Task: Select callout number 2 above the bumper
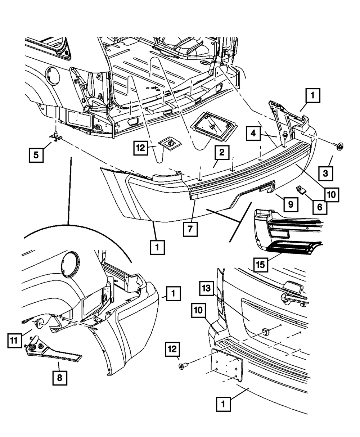tap(221, 153)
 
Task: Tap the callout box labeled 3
tap(325, 174)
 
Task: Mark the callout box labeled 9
tap(290, 204)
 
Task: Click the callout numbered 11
tap(14, 340)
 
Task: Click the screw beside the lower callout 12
tap(182, 366)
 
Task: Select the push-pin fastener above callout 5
tap(56, 135)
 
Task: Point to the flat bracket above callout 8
tap(54, 352)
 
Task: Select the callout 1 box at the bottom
tap(223, 405)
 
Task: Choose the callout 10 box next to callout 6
tap(331, 195)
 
